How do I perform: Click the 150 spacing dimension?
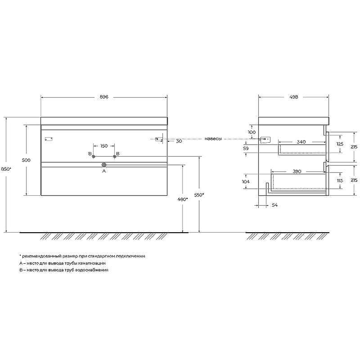click(x=103, y=146)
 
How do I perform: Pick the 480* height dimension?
click(x=182, y=199)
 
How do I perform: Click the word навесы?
click(x=213, y=139)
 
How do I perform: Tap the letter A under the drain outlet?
click(x=104, y=171)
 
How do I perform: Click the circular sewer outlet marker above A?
click(x=104, y=165)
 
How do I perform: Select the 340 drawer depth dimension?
click(x=301, y=142)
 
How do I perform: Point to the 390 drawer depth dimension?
click(x=297, y=171)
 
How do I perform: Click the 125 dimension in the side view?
click(x=341, y=144)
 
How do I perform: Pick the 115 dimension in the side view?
click(x=341, y=180)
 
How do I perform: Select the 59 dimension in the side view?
click(x=246, y=148)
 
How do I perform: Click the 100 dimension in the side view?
click(x=252, y=132)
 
